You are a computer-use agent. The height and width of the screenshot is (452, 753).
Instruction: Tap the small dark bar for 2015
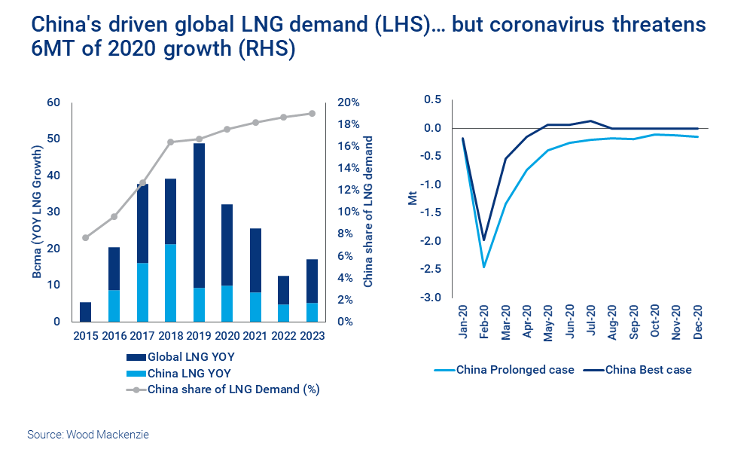(85, 312)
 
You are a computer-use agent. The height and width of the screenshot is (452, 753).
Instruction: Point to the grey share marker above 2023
(312, 114)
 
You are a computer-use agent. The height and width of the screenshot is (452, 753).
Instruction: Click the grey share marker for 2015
(85, 237)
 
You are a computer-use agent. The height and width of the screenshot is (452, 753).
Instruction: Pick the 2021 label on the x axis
(255, 337)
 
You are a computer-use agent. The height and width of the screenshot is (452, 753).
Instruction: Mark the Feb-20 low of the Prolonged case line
(484, 267)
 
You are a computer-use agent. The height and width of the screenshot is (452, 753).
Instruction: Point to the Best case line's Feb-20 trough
(484, 240)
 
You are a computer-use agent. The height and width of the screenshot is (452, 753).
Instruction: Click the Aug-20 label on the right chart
(612, 323)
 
